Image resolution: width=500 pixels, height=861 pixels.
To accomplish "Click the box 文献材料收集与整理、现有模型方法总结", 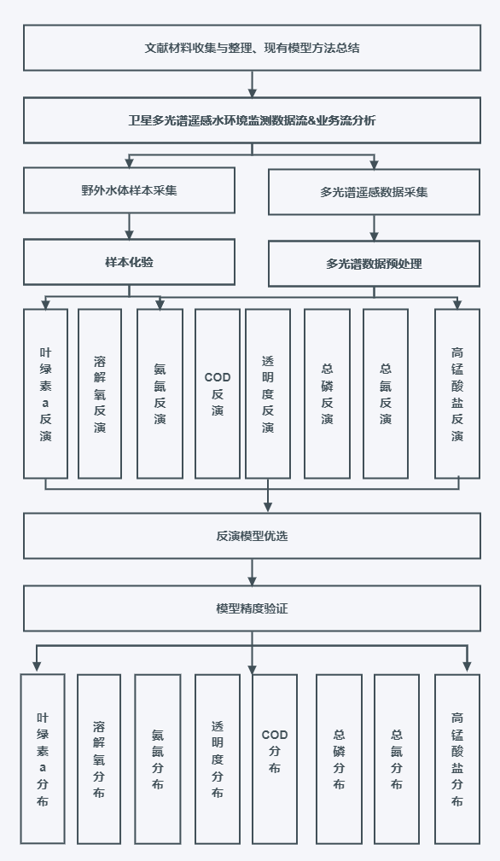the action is pyautogui.click(x=252, y=48).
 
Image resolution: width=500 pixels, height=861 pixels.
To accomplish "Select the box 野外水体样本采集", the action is pyautogui.click(x=129, y=190).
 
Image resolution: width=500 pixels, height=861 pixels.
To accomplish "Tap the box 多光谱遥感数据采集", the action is pyautogui.click(x=374, y=192).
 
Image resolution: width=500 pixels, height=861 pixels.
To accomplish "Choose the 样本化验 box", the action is pyautogui.click(x=129, y=262).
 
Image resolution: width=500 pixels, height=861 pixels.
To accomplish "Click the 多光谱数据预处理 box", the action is pyautogui.click(x=374, y=264).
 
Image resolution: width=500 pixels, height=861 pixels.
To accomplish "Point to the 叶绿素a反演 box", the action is pyautogui.click(x=45, y=393).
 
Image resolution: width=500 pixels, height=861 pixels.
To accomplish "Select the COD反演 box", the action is pyautogui.click(x=218, y=393).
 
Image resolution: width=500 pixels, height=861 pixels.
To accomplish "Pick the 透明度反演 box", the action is pyautogui.click(x=268, y=393).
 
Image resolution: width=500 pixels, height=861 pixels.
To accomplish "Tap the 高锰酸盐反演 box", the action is pyautogui.click(x=457, y=393).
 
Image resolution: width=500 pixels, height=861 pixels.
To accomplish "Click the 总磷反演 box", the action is pyautogui.click(x=327, y=393).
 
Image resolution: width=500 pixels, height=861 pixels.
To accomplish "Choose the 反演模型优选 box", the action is pyautogui.click(x=252, y=536).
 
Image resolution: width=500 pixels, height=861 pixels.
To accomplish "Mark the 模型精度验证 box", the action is pyautogui.click(x=252, y=608).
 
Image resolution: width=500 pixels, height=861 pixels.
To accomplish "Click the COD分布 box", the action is pyautogui.click(x=275, y=759).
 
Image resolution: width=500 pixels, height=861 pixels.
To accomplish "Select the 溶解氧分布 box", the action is pyautogui.click(x=99, y=759).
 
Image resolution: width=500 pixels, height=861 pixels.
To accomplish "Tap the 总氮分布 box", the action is pyautogui.click(x=396, y=759).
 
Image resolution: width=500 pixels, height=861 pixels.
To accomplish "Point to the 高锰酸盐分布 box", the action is pyautogui.click(x=457, y=759).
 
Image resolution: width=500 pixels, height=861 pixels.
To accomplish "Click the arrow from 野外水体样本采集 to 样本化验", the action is pyautogui.click(x=129, y=226).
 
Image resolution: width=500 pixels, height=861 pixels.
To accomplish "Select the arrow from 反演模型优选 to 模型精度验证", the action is pyautogui.click(x=252, y=573).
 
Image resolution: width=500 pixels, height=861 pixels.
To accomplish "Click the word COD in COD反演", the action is pyautogui.click(x=218, y=377).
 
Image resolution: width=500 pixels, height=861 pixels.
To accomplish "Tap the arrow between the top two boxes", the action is pyautogui.click(x=252, y=84).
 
